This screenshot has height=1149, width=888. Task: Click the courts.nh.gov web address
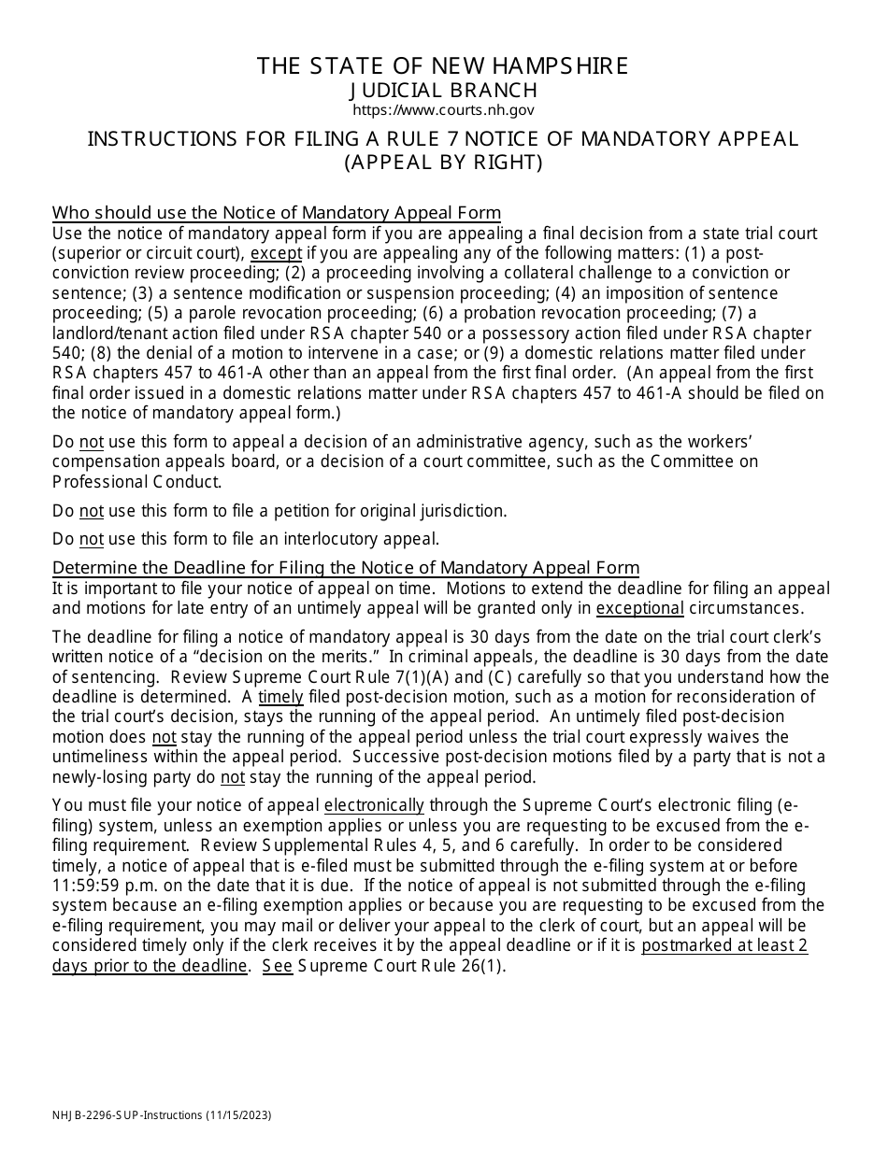[443, 110]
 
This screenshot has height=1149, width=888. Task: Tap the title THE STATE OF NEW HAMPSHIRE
[443, 66]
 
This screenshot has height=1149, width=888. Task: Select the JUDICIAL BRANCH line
[443, 90]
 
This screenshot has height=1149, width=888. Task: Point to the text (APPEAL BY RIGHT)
[443, 162]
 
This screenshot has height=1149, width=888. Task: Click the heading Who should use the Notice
[277, 213]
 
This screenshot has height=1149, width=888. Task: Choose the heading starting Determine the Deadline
[346, 568]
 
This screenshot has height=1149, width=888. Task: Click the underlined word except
[277, 253]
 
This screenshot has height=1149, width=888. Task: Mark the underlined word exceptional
[640, 608]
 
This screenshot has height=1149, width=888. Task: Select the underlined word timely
[280, 697]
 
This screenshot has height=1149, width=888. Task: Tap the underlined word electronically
[374, 805]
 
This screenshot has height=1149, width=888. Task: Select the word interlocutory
[335, 539]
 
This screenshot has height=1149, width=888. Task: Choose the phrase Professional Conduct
[137, 482]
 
